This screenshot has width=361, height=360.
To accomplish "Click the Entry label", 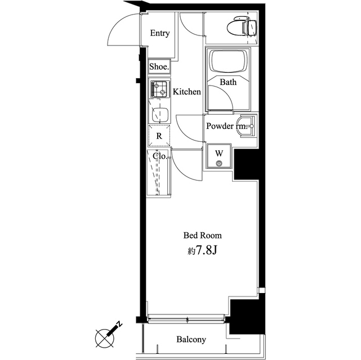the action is click(160, 33).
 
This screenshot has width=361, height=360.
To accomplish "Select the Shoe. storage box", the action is click(159, 67).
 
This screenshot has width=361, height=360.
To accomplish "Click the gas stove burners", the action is click(159, 89).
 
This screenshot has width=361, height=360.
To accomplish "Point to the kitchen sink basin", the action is click(161, 115).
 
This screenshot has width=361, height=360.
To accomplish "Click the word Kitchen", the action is click(187, 92).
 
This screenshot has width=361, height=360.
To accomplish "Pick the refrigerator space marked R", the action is click(159, 136).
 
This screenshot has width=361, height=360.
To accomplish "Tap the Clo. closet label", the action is click(160, 156).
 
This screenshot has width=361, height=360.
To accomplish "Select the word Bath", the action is click(228, 82).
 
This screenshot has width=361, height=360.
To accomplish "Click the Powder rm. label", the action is click(227, 126).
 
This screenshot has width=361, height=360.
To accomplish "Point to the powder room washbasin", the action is click(246, 126).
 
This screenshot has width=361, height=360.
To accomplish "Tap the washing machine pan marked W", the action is click(219, 156).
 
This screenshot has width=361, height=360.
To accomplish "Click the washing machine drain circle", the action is click(219, 164).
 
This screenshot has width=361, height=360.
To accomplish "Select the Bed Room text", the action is click(203, 235).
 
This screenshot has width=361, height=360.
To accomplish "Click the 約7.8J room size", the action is click(203, 251).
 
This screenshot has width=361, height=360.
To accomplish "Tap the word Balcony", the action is click(191, 339).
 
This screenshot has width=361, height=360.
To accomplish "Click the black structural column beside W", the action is click(246, 164).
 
